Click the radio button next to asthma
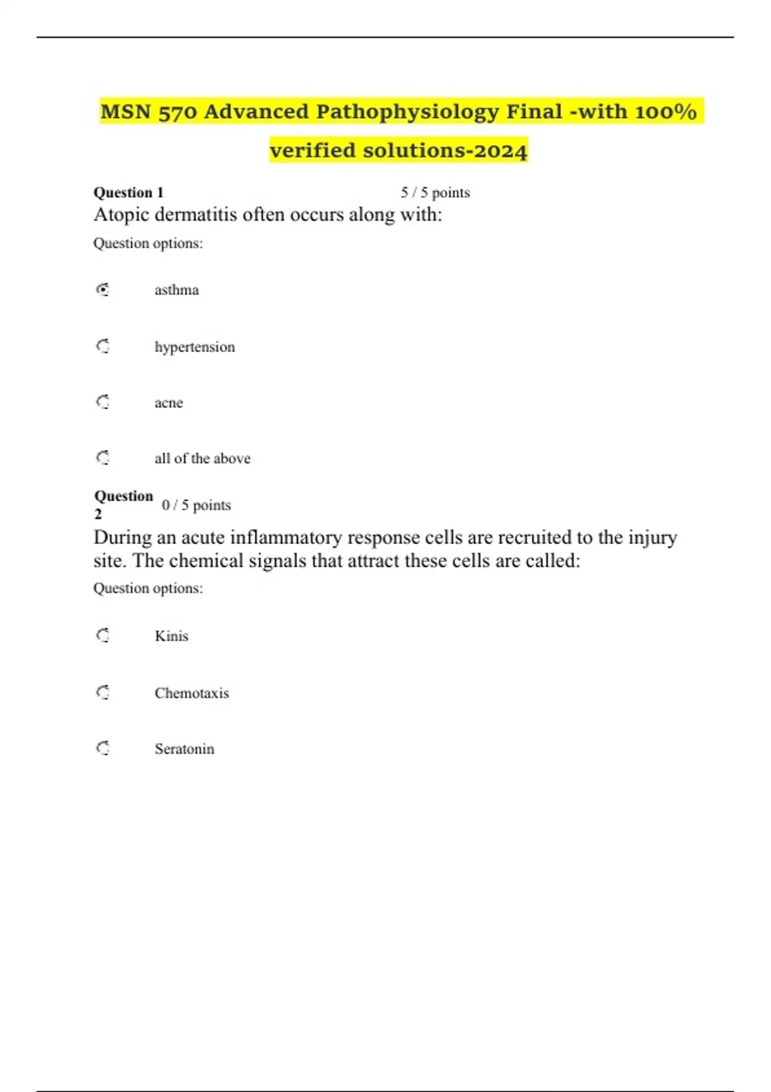[103, 290]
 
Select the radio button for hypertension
[103, 347]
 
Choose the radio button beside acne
[103, 402]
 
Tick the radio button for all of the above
[103, 458]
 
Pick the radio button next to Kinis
[103, 636]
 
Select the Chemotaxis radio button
[103, 692]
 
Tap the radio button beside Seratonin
[103, 748]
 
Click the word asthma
[177, 290]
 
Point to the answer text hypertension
[195, 347]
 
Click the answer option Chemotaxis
[191, 693]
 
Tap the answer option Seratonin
[184, 749]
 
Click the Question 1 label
[128, 193]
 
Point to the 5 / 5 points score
[436, 193]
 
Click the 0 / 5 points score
[196, 506]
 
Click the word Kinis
[172, 636]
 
